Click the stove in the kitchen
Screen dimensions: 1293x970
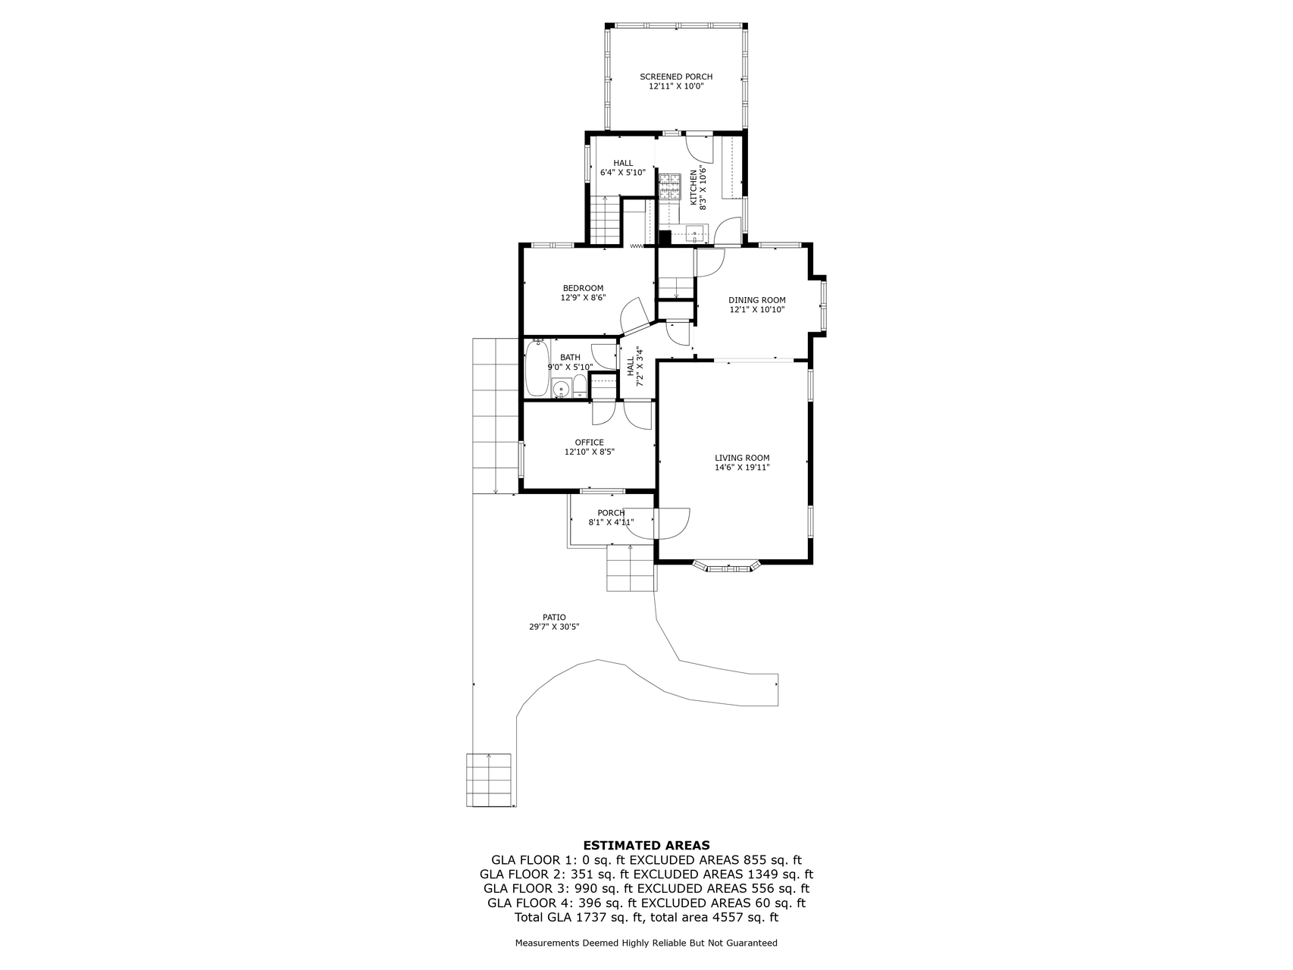tap(670, 186)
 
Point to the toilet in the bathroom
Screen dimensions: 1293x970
tap(579, 386)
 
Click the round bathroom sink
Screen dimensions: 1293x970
tap(561, 389)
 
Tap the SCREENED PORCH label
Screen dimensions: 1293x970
tap(676, 77)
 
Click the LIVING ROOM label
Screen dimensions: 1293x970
tap(742, 458)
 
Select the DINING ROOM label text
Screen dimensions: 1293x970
tap(757, 300)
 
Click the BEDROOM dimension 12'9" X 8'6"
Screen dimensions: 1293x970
tap(583, 298)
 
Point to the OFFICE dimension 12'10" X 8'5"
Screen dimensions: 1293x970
tap(589, 452)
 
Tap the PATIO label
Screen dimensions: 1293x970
tap(554, 617)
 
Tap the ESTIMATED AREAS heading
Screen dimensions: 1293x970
tap(646, 845)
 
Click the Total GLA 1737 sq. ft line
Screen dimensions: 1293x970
tap(646, 918)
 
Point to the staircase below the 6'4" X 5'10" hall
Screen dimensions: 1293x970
tap(606, 221)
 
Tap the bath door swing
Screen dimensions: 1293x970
tap(604, 356)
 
